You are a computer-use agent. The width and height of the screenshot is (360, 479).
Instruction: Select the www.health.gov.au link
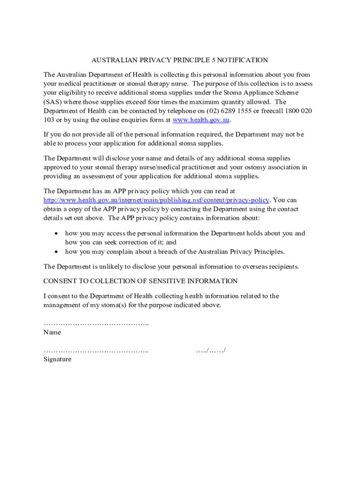click(202, 120)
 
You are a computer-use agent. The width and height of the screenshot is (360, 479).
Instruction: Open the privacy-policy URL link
click(156, 200)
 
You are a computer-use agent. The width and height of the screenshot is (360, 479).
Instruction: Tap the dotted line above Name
click(96, 324)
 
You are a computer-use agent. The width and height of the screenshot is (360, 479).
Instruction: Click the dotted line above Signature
click(96, 350)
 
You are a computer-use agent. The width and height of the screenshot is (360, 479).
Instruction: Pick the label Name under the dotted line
click(52, 333)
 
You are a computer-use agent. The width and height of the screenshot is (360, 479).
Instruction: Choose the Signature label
click(58, 359)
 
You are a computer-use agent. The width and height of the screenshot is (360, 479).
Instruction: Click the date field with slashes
click(211, 350)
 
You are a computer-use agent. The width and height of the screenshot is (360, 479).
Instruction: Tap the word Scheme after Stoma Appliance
click(287, 93)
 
